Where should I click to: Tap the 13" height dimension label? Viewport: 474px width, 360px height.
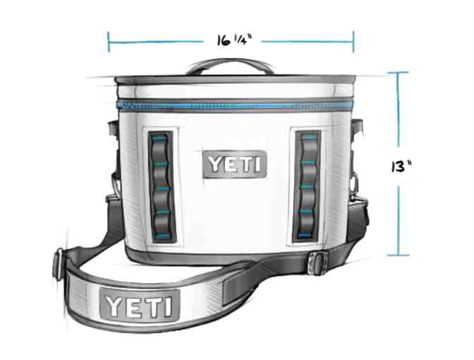click(x=401, y=167)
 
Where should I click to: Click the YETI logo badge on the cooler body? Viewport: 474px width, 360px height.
click(x=235, y=164)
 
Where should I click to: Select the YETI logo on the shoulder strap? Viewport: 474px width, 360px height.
click(x=140, y=305)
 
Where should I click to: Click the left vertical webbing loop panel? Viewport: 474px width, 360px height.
click(x=162, y=187)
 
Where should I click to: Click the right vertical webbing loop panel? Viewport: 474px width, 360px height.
click(x=307, y=186)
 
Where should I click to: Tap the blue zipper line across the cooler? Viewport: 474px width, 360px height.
click(x=235, y=106)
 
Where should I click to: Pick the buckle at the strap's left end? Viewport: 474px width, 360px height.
click(x=58, y=264)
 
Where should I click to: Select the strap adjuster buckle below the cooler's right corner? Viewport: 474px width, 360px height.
click(x=317, y=263)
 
